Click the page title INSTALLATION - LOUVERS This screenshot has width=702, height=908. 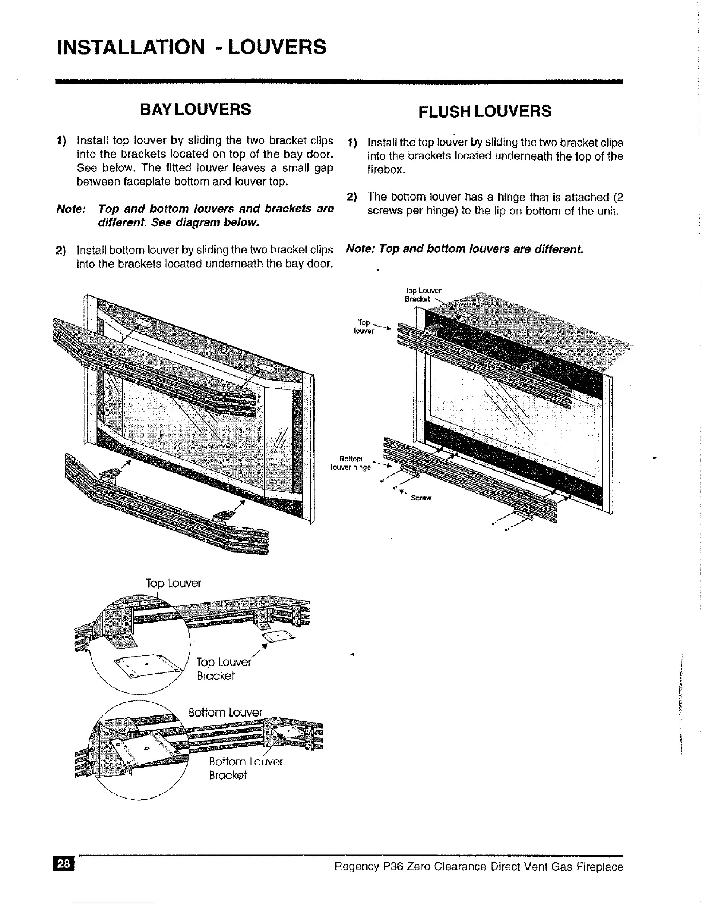coord(191,46)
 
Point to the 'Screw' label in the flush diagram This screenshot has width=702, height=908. coord(420,498)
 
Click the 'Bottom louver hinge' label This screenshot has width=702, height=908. coord(351,463)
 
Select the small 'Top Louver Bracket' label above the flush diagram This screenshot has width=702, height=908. coord(423,294)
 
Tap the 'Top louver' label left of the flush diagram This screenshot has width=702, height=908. coord(364,326)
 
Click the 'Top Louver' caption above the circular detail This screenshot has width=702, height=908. coord(173,583)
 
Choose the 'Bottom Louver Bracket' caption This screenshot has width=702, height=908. coord(245,768)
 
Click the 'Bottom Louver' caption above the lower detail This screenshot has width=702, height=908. coord(225,712)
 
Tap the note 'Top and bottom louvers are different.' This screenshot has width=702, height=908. coord(465,249)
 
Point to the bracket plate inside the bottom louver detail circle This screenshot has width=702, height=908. coord(143,748)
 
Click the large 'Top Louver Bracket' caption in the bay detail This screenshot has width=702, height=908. coord(224,669)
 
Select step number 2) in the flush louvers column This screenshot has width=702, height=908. coord(352,197)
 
